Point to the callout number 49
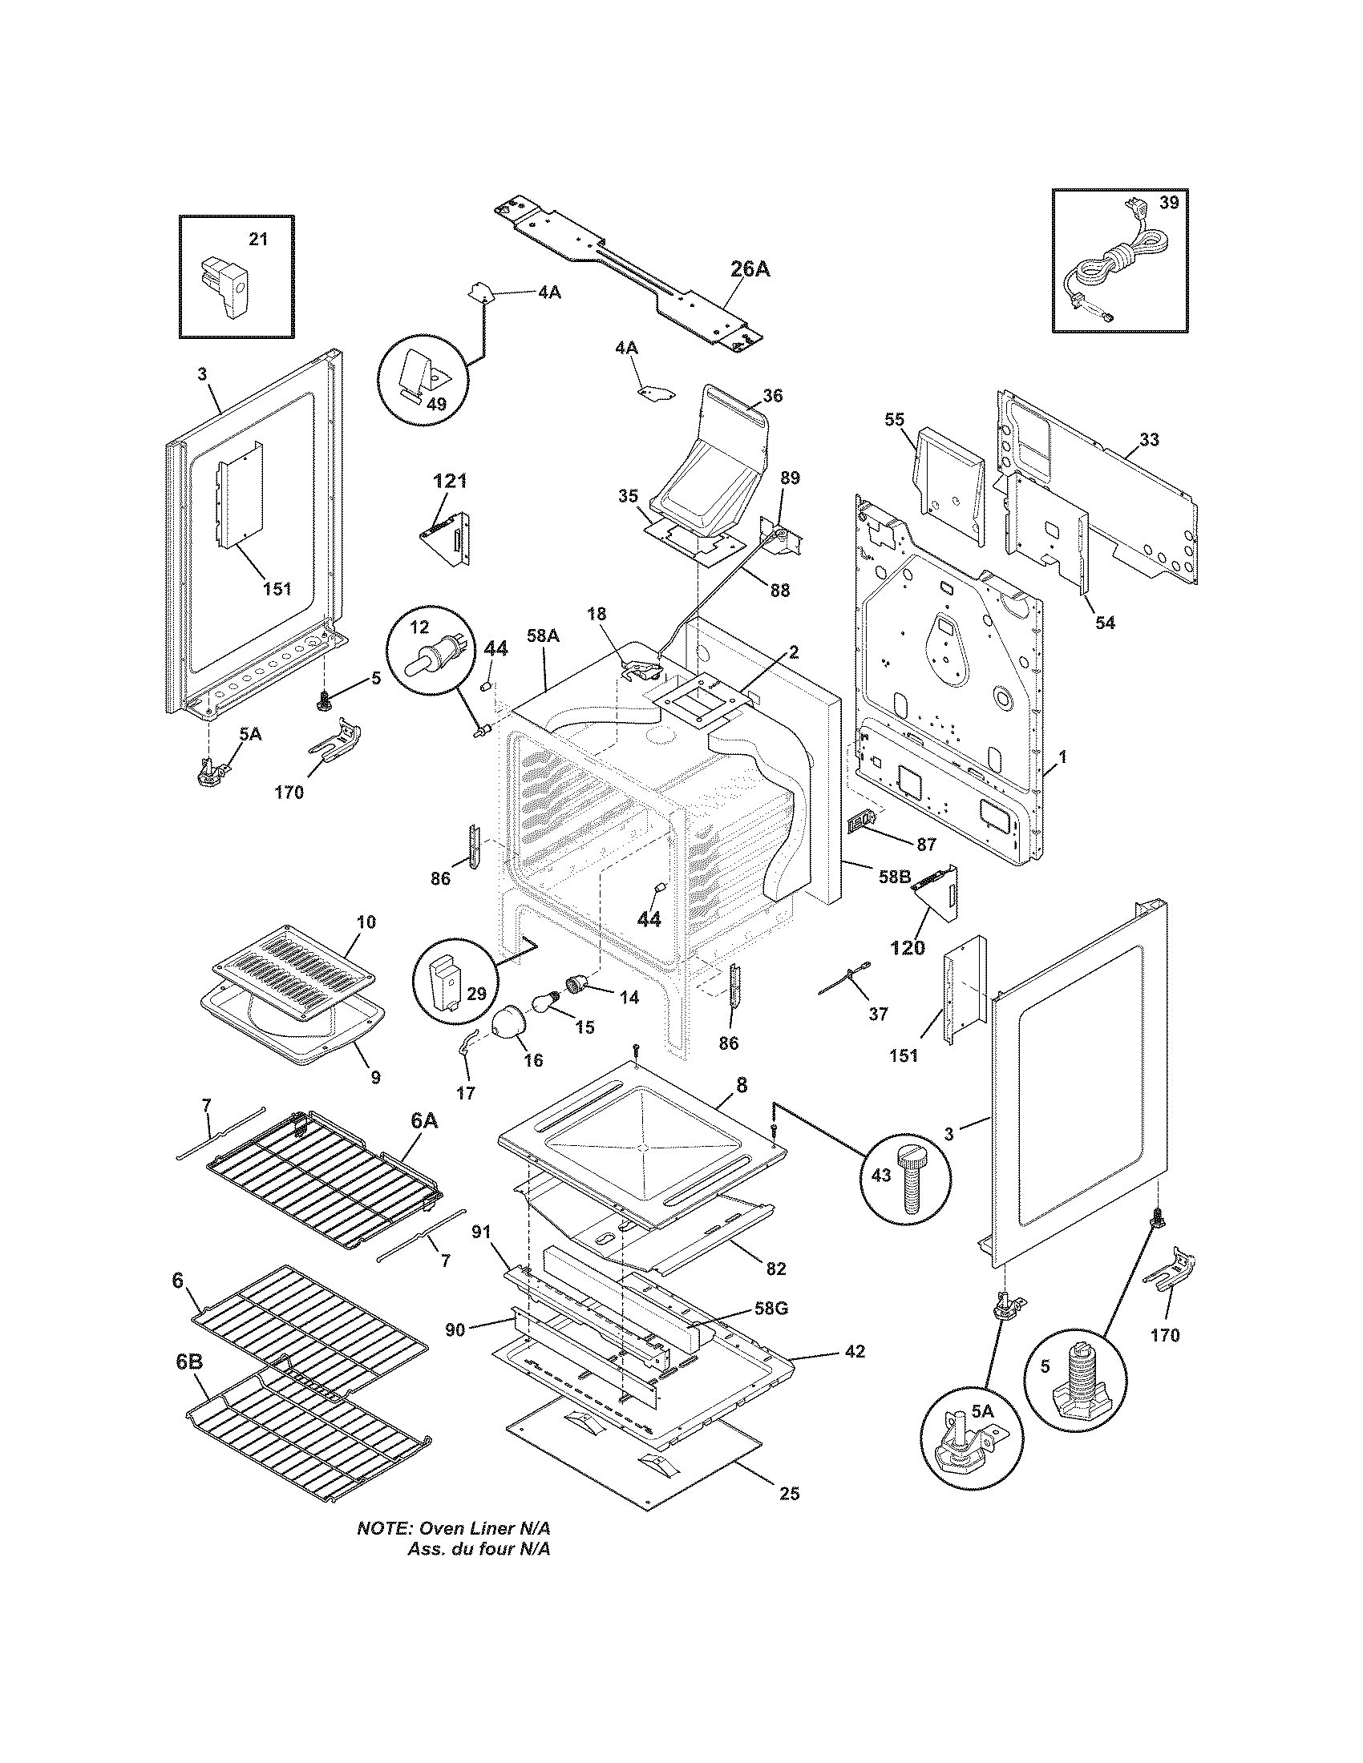pyautogui.click(x=435, y=405)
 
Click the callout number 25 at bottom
pyautogui.click(x=790, y=1494)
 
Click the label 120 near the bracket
pyautogui.click(x=907, y=948)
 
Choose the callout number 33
pyautogui.click(x=1149, y=439)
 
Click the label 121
pyautogui.click(x=450, y=481)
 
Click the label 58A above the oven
pyautogui.click(x=543, y=636)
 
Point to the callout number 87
pyautogui.click(x=925, y=845)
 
